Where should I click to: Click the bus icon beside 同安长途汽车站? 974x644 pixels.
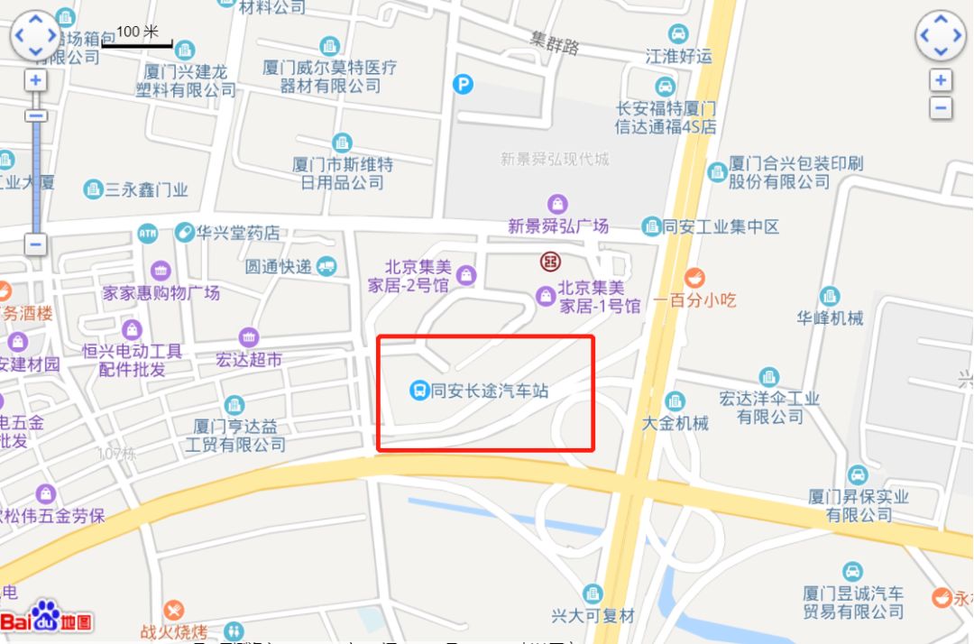(419, 391)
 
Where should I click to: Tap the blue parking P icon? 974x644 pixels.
(463, 84)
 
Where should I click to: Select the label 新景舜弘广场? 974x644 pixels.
(558, 225)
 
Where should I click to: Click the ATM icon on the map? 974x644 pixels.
(148, 234)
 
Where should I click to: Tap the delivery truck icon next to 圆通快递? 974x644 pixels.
(326, 266)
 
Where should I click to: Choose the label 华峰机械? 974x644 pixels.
(830, 317)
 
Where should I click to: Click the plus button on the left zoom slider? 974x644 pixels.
(36, 80)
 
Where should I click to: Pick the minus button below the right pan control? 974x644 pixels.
(941, 108)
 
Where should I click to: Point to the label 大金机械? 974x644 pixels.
(675, 422)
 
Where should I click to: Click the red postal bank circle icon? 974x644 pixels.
(550, 262)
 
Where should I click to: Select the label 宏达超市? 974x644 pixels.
(249, 359)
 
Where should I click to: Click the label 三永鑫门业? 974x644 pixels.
(146, 189)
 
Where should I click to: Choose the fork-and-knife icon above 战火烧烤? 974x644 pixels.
(174, 610)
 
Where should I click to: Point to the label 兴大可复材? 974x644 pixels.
(593, 616)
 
